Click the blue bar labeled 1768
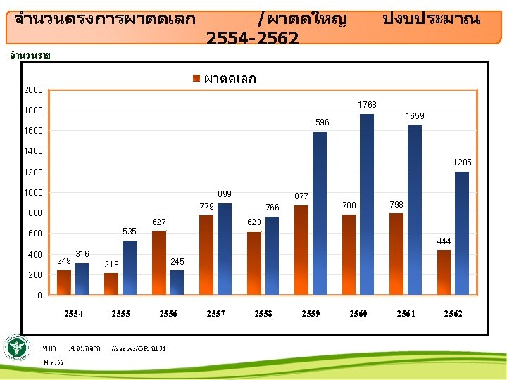point(366,204)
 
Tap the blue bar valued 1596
point(320,213)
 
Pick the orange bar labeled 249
point(64,282)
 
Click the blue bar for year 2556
point(177,282)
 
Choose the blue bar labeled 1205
point(462,233)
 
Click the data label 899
point(225,194)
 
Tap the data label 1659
point(415,115)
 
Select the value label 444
point(444,241)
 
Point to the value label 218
point(111,264)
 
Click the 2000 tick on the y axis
point(32,90)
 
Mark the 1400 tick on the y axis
point(32,151)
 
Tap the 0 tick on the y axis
point(41,295)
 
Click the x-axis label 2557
point(215,313)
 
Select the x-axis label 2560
point(358,313)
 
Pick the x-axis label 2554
point(73,313)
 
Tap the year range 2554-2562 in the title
point(253,38)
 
